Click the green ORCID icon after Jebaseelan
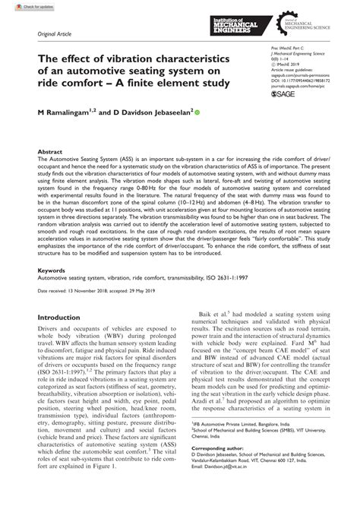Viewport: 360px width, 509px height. pyautogui.click(x=198, y=112)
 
